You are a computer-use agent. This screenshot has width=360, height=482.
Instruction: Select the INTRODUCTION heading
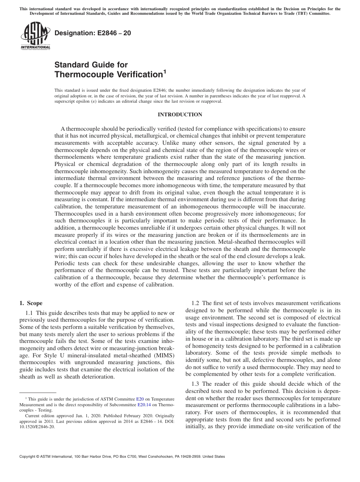[x=180, y=114]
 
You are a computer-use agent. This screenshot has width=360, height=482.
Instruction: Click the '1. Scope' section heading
[x=31, y=303]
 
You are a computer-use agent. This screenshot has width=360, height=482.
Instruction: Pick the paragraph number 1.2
[x=195, y=303]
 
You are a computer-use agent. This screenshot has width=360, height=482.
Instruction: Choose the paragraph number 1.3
[x=195, y=384]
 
